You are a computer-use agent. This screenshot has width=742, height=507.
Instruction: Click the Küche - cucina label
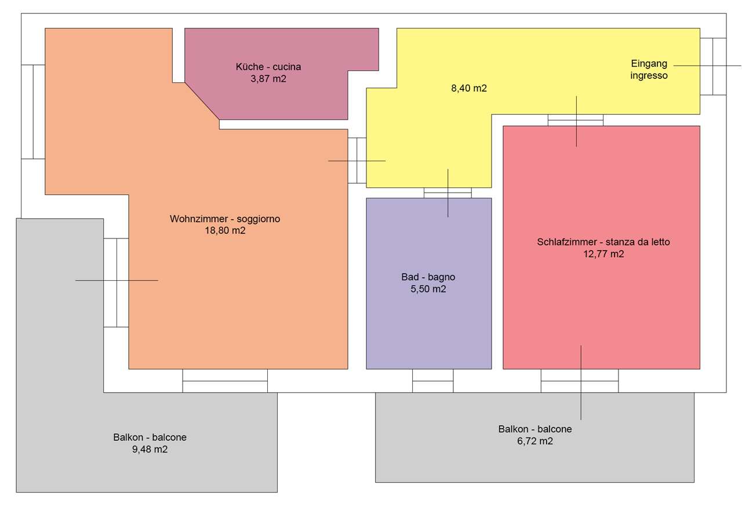click(268, 67)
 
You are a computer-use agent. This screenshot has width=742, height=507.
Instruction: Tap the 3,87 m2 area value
click(268, 79)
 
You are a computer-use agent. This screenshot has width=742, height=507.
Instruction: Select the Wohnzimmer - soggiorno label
click(225, 219)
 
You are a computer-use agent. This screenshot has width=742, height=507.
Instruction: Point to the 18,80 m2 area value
click(225, 230)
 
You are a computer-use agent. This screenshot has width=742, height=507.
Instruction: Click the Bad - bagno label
click(428, 277)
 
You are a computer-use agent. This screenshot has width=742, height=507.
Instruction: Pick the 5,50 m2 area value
click(428, 289)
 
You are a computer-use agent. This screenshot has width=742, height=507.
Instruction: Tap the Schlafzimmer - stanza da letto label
click(603, 242)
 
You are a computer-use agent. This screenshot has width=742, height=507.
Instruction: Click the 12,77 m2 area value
click(603, 254)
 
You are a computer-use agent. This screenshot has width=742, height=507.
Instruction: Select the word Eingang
click(649, 64)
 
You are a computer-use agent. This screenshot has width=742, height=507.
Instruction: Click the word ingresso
click(649, 75)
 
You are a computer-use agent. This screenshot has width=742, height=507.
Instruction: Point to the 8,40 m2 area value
click(469, 88)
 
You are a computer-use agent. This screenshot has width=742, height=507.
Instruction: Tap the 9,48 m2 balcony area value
click(150, 450)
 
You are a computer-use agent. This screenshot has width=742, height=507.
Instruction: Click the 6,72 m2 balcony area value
click(535, 441)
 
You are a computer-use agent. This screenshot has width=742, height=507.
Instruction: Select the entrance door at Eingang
click(713, 66)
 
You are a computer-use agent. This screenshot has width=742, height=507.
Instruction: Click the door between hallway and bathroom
click(448, 193)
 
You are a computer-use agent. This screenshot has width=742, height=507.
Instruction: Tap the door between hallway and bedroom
click(576, 120)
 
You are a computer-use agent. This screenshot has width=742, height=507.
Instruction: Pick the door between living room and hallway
click(357, 161)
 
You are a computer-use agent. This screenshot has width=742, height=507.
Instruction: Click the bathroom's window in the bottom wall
click(433, 381)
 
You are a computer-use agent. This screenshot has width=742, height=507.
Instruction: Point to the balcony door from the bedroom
click(580, 381)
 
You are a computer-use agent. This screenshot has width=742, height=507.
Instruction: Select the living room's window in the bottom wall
click(225, 381)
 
